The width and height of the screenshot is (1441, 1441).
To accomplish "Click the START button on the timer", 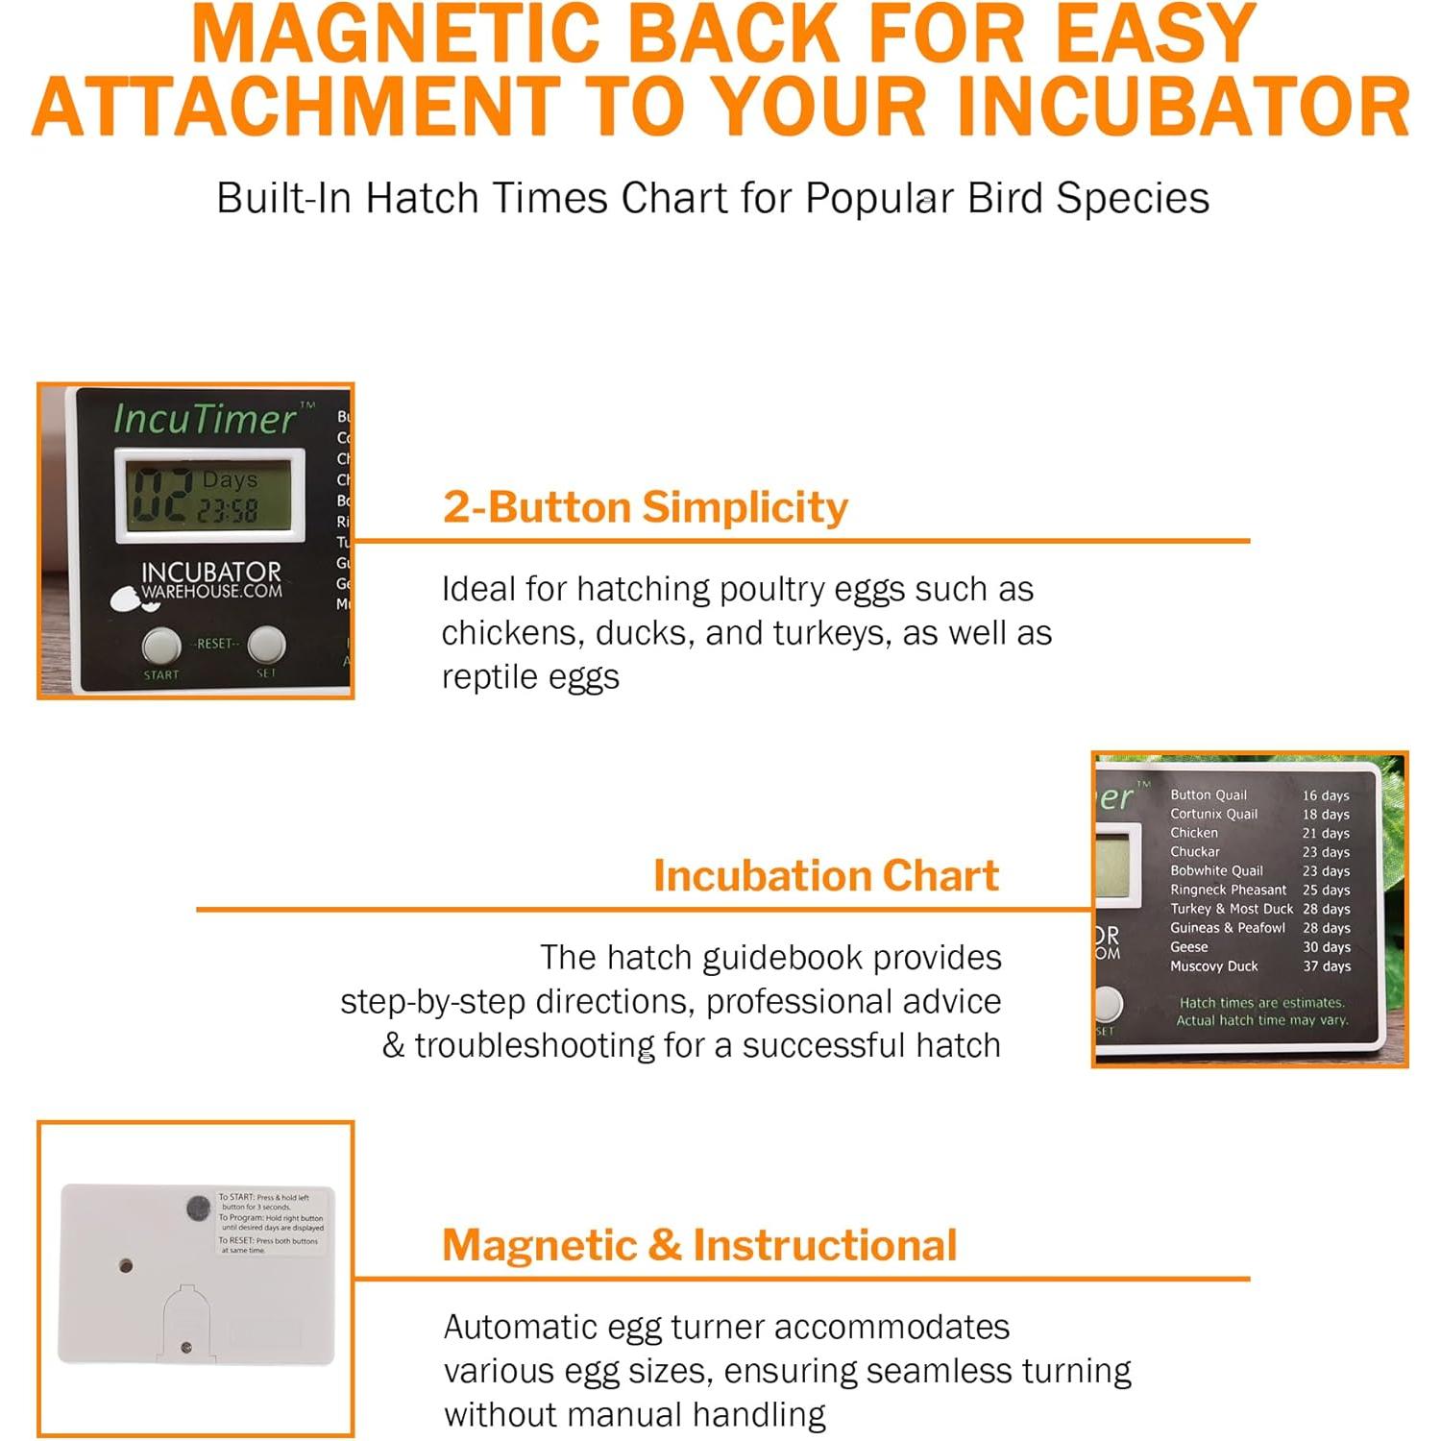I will point(161,646).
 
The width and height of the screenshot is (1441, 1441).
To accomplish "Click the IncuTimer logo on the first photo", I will point(205,419).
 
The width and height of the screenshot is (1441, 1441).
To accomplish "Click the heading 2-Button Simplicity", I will point(645,506).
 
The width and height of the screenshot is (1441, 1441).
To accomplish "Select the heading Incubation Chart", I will point(825,875).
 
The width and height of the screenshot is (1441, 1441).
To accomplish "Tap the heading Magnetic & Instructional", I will point(699,1245).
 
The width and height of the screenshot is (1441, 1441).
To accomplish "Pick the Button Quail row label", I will point(1208,794).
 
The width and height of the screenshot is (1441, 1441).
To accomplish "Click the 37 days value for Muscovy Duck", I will point(1326,966).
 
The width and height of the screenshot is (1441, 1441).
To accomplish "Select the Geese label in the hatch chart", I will point(1188,947).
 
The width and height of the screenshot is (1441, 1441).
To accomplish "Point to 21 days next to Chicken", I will point(1326,833).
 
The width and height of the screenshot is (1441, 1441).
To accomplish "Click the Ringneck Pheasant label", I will point(1228,890).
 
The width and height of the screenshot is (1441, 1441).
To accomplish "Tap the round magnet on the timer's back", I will point(198,1208).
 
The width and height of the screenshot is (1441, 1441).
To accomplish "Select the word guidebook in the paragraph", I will point(781,958).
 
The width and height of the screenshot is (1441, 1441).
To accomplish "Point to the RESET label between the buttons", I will point(214,644).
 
